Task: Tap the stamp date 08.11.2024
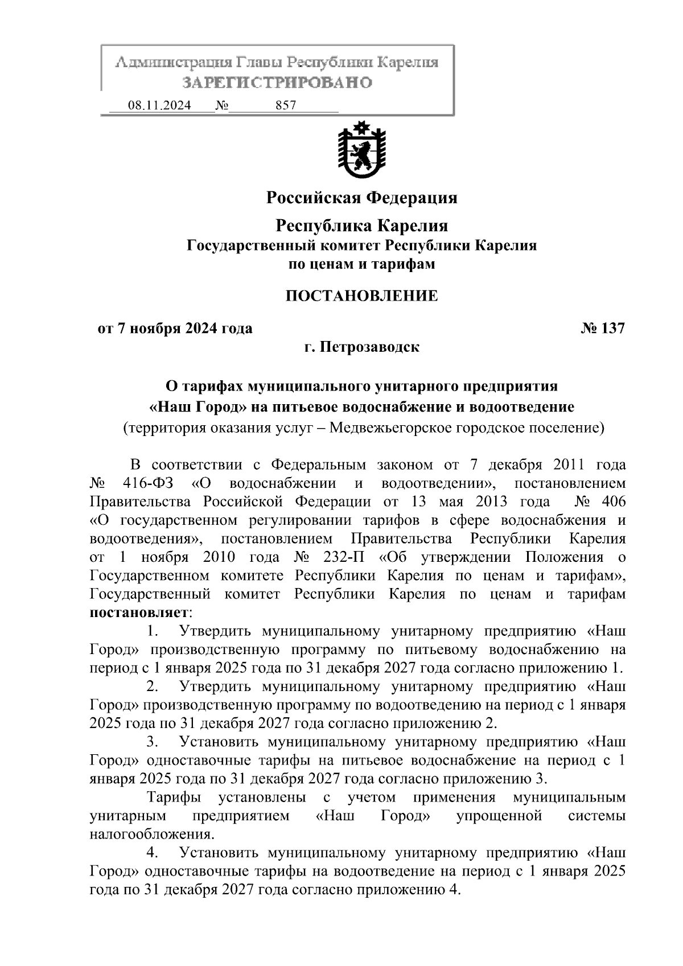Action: pos(159,106)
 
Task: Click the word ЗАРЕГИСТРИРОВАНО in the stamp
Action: pos(277,83)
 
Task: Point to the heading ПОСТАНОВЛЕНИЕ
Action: pos(361,296)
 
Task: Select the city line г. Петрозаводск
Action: pos(361,347)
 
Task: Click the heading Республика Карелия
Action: pos(361,225)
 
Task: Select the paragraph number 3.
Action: pos(151,742)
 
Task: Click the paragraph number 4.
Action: pos(151,853)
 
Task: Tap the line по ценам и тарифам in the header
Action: pos(361,264)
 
